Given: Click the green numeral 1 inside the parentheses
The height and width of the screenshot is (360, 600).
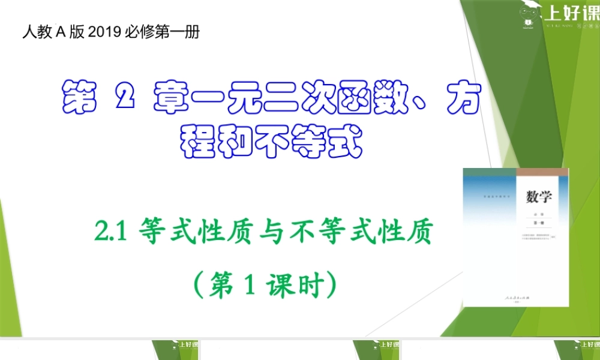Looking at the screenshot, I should (x=253, y=282).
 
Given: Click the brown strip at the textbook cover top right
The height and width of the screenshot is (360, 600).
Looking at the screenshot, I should (x=542, y=172).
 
